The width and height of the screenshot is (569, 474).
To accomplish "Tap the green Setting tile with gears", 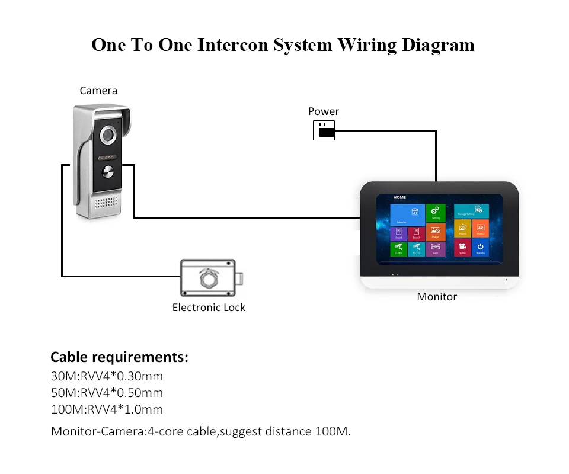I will [x=436, y=212].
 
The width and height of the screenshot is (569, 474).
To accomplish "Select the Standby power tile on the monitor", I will [x=480, y=248].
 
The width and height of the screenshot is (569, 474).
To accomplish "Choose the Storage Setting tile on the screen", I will [x=472, y=210].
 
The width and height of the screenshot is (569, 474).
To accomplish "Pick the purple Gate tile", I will [x=436, y=248].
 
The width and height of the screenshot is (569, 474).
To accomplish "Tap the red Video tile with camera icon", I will [x=462, y=248].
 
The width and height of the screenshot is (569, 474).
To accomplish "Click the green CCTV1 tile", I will [x=398, y=248].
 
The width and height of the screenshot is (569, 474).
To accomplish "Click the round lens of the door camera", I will [x=108, y=136].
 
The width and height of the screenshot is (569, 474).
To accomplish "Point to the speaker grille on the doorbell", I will [x=107, y=204].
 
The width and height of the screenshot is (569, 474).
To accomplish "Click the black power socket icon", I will [x=324, y=130].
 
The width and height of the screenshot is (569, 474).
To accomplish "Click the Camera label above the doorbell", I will [x=98, y=91].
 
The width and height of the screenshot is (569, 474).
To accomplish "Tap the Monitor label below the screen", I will [x=437, y=297].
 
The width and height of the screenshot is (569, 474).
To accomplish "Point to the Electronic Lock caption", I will [x=209, y=308].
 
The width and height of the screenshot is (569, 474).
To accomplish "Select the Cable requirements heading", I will [x=119, y=357].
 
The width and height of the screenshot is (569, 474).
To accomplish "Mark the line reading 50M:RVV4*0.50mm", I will [x=107, y=393].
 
